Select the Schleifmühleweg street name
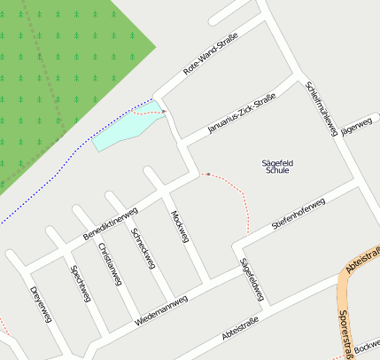coord(321,108)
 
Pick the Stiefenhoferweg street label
coord(299,215)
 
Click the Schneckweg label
coord(143,248)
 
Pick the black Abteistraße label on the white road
coord(240,329)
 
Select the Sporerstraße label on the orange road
coord(346,330)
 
